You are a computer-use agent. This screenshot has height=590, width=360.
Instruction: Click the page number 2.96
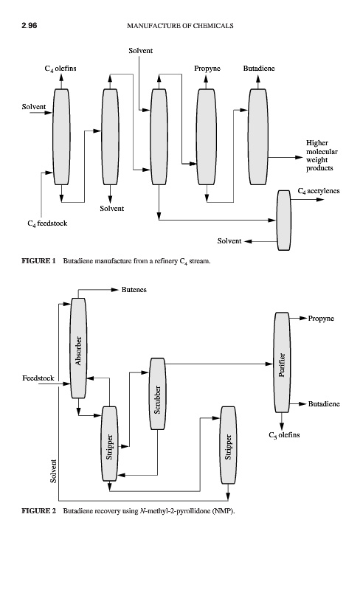coord(30,26)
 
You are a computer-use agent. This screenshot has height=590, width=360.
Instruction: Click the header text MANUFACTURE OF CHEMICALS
coord(180,26)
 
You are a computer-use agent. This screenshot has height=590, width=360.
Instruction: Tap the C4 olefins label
coord(60,69)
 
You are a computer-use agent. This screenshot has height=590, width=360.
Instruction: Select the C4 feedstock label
coord(47,223)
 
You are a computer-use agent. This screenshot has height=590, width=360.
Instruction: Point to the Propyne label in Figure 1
coord(207,68)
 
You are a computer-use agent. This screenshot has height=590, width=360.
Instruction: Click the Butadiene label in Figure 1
coord(259,68)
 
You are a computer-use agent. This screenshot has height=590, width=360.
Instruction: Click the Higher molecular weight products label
coord(322,156)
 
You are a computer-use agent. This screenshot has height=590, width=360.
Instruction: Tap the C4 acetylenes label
coord(319,191)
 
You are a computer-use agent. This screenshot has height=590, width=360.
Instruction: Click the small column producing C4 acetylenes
coord(284,221)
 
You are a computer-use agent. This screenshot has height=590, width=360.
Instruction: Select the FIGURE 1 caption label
coord(38,261)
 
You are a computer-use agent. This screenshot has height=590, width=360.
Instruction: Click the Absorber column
coord(78,348)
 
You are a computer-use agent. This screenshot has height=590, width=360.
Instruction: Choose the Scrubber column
coord(157,394)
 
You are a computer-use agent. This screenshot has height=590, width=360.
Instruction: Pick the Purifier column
coord(282,362)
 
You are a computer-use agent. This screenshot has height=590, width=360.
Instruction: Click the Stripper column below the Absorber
coord(110,444)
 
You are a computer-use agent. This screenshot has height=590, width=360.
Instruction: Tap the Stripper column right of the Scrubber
coord(228,445)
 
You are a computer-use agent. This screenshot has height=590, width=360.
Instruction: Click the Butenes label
coord(134,290)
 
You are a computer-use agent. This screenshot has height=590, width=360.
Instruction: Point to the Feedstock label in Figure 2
coord(38,378)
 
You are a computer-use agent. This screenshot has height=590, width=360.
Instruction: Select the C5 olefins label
coord(284,435)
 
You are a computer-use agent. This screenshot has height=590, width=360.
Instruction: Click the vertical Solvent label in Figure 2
coord(53,471)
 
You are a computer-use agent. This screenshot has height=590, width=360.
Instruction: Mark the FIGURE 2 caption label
coord(38,510)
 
